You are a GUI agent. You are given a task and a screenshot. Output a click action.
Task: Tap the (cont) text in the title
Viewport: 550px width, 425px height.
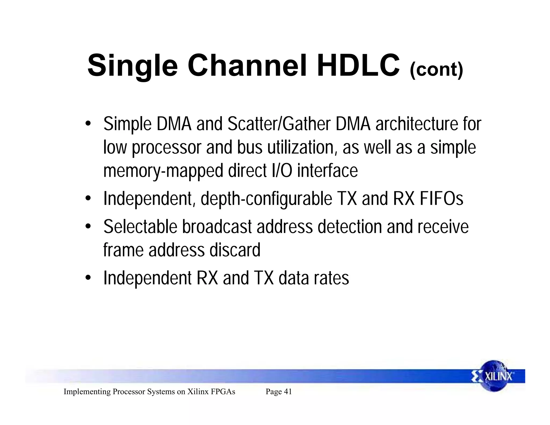[436, 70]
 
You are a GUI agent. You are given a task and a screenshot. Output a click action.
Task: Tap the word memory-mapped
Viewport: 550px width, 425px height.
[163, 171]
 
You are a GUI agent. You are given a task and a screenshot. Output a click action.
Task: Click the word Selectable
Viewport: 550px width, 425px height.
[140, 227]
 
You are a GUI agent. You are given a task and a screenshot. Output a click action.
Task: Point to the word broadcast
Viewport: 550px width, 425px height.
[217, 227]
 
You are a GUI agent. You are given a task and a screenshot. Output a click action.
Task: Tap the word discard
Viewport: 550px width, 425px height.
[235, 250]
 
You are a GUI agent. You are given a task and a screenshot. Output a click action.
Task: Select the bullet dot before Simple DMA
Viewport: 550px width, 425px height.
[88, 124]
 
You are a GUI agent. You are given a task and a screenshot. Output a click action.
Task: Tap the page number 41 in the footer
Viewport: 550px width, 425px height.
[288, 392]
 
